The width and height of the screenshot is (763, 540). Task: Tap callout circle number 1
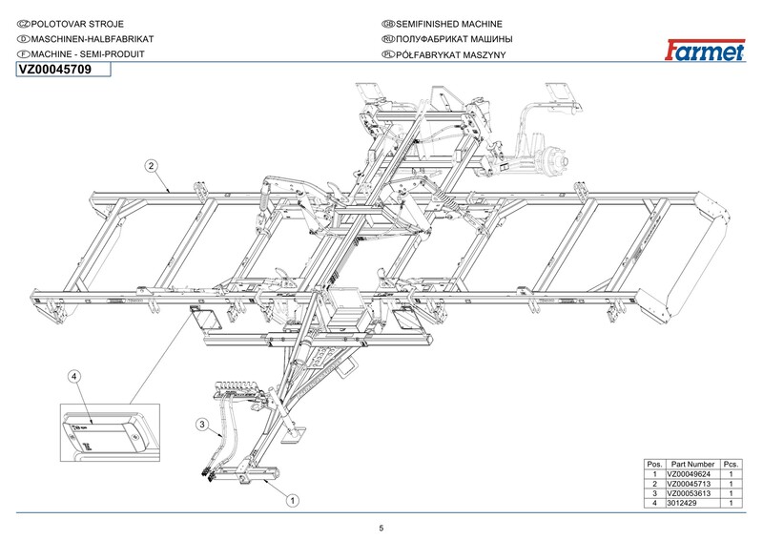point(294,497)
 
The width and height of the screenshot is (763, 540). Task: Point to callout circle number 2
point(151,165)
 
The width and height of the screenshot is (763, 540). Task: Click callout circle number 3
point(202,423)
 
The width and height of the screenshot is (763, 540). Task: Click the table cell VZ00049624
point(692,474)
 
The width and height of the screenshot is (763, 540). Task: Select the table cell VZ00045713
point(692,484)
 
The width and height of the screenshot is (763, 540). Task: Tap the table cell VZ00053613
point(692,493)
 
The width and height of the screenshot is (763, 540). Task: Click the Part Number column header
point(693,464)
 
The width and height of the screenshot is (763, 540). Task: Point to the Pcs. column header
point(732,464)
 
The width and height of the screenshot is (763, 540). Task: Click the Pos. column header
point(655,464)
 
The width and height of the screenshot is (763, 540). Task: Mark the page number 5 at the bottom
point(381,529)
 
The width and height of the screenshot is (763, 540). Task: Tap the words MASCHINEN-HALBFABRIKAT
point(86,38)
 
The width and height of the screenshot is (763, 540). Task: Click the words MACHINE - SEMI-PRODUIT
point(86,55)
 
